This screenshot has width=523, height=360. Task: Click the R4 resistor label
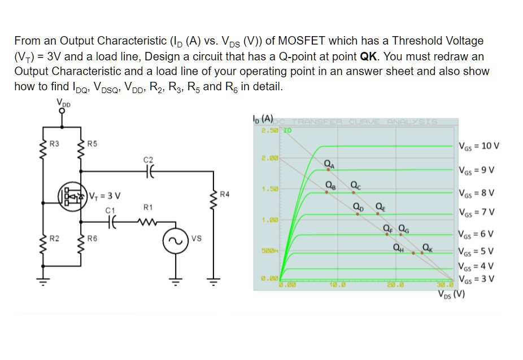[225, 195]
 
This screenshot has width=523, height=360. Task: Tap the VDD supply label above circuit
[63, 102]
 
